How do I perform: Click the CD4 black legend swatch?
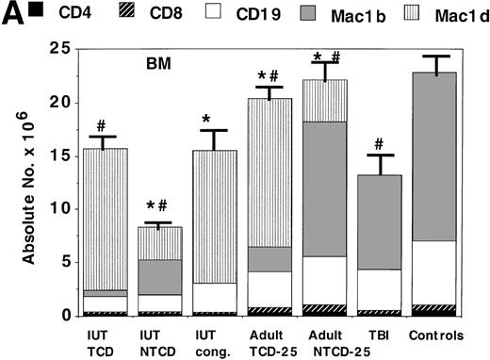[34, 11]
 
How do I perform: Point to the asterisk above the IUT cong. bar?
[214, 120]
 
